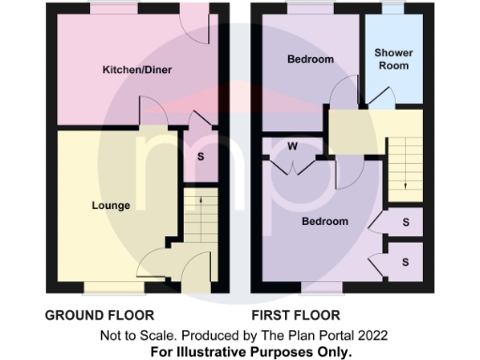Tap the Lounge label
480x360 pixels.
(111, 205)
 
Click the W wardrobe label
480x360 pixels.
(292, 146)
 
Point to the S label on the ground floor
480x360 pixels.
(201, 156)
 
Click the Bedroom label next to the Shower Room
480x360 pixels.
(309, 60)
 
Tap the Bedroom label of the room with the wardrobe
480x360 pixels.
(324, 222)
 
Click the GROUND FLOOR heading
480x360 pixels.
(99, 316)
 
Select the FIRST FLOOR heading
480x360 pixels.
(295, 316)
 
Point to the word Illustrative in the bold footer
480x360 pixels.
(230, 352)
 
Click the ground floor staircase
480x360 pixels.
(198, 220)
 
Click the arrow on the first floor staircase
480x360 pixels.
(404, 178)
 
